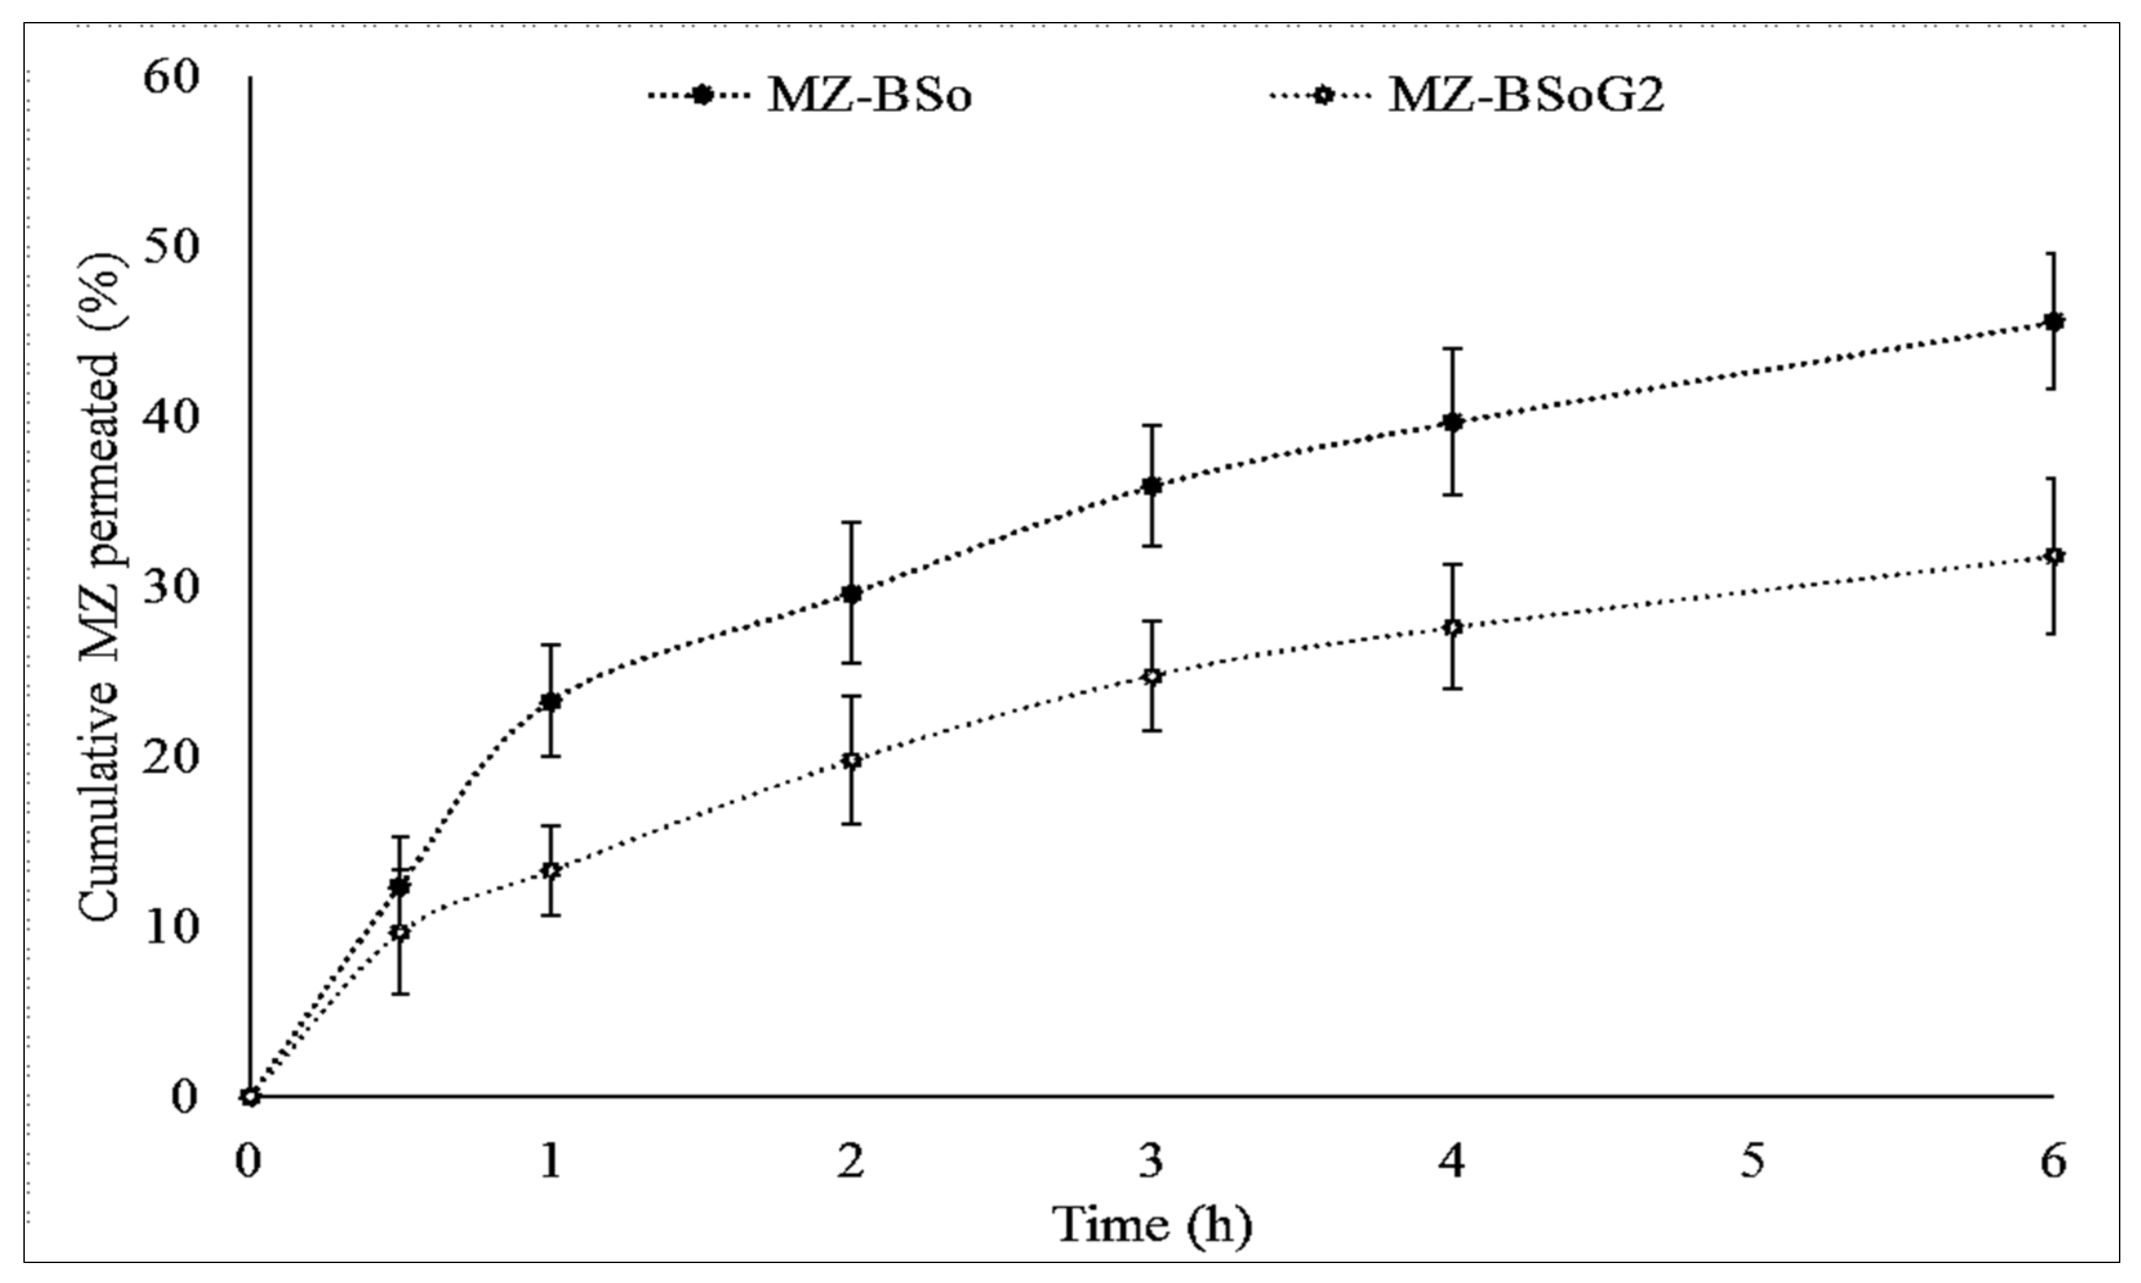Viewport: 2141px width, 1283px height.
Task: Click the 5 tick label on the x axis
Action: (1752, 1162)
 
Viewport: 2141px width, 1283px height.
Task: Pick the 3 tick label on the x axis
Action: (1151, 1162)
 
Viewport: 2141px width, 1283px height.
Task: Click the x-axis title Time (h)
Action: (1151, 1226)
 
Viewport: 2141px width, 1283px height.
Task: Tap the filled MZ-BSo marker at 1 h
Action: (551, 701)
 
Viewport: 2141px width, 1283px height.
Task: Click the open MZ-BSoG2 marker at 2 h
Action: (851, 761)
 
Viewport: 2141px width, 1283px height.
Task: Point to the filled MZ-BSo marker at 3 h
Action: (1151, 486)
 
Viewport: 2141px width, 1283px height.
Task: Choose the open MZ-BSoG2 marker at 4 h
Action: (1453, 627)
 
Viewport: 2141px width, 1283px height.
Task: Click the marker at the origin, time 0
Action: (250, 1097)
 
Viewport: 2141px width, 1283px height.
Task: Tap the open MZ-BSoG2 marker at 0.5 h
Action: (400, 932)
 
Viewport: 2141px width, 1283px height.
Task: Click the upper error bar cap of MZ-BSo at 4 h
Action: (1453, 348)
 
